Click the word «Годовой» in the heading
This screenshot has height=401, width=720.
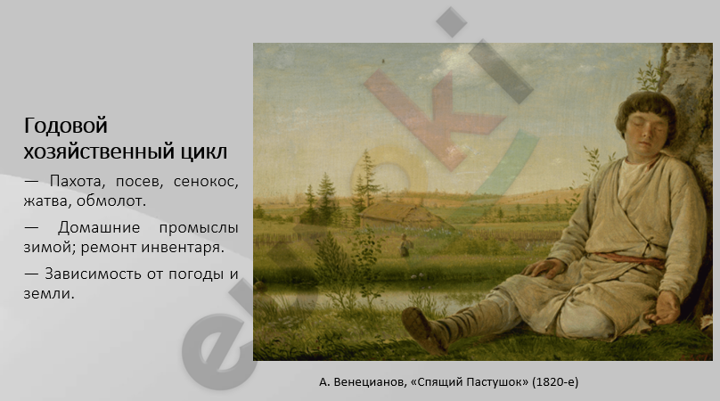coord(66,126)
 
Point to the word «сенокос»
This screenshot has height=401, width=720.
coord(206,182)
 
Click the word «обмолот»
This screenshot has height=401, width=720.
coord(111,201)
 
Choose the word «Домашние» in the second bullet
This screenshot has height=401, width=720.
coord(99,228)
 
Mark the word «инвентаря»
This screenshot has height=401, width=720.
coord(183,248)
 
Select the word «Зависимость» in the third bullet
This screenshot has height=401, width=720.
coord(94,274)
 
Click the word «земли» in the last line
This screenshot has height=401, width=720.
coord(49,294)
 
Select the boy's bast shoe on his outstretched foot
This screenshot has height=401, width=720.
coord(425,330)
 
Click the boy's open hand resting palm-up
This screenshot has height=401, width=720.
coord(663,308)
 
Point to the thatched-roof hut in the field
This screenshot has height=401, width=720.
coord(404,215)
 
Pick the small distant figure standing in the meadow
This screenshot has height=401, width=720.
coord(405,246)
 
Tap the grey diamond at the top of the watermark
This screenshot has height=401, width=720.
coord(452,22)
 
